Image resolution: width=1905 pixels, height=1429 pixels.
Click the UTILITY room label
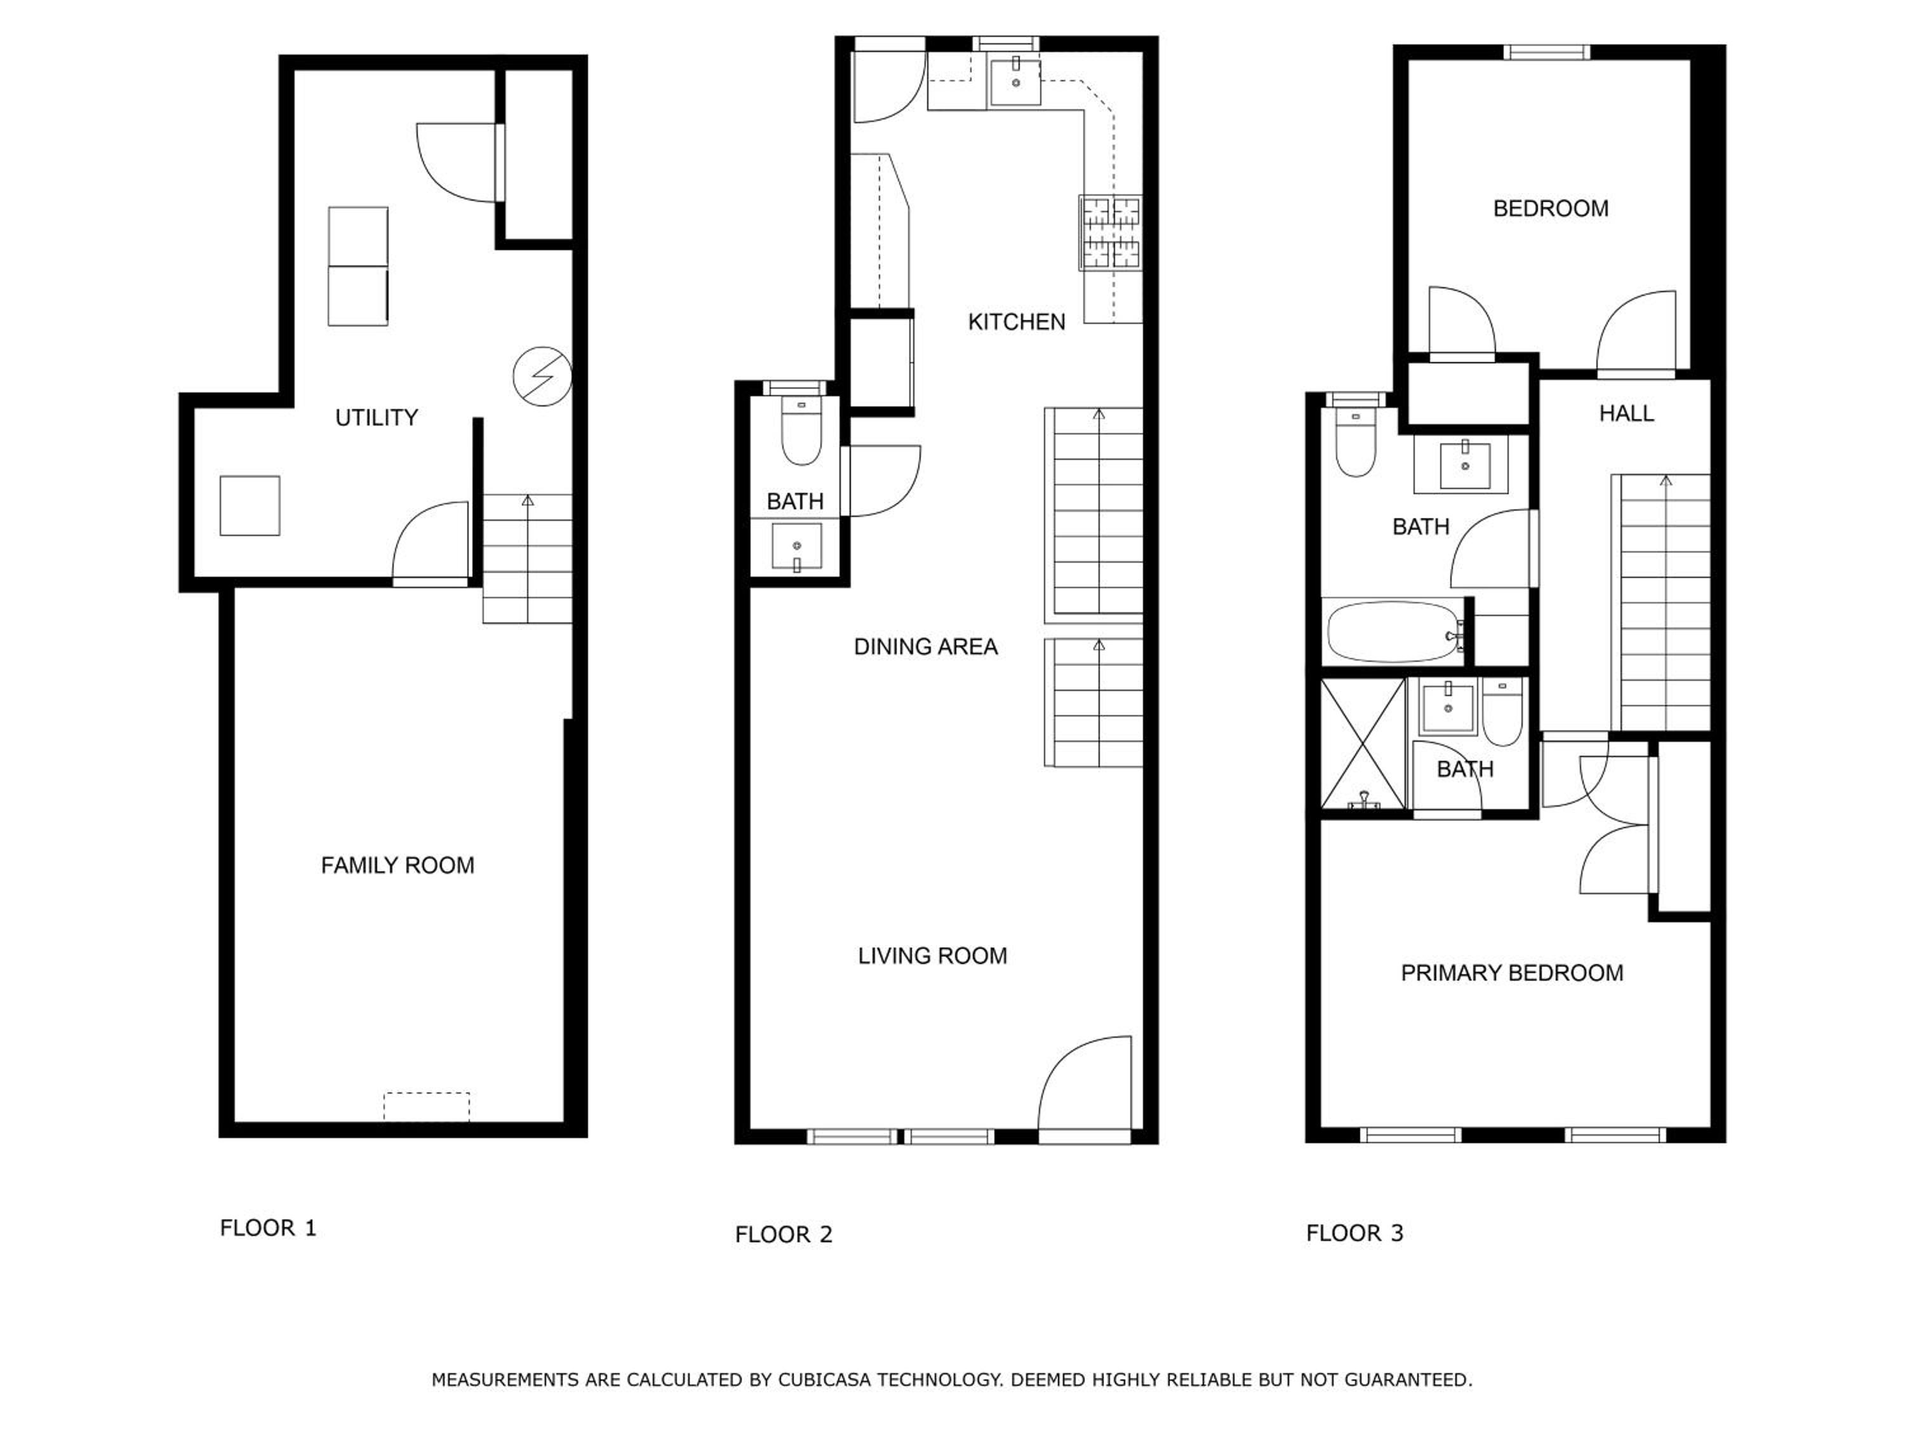[377, 418]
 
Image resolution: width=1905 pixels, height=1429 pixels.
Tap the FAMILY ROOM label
[397, 866]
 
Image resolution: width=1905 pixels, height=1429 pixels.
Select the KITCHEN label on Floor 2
[1016, 322]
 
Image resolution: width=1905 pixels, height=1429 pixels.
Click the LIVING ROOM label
[933, 956]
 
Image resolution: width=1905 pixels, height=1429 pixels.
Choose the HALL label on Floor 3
[1627, 413]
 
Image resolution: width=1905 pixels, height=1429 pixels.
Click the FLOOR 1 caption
[268, 1228]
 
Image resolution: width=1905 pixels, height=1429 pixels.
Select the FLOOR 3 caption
[1354, 1233]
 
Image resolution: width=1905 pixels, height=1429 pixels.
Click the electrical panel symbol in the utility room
[542, 377]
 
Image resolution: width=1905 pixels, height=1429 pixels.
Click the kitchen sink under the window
[1015, 82]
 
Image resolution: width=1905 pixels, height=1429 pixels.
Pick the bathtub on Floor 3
[1395, 632]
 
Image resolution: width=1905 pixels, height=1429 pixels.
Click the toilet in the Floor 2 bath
[801, 430]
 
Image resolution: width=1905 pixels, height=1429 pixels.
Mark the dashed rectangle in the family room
[426, 1107]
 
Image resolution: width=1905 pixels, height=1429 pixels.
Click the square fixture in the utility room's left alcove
[250, 506]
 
